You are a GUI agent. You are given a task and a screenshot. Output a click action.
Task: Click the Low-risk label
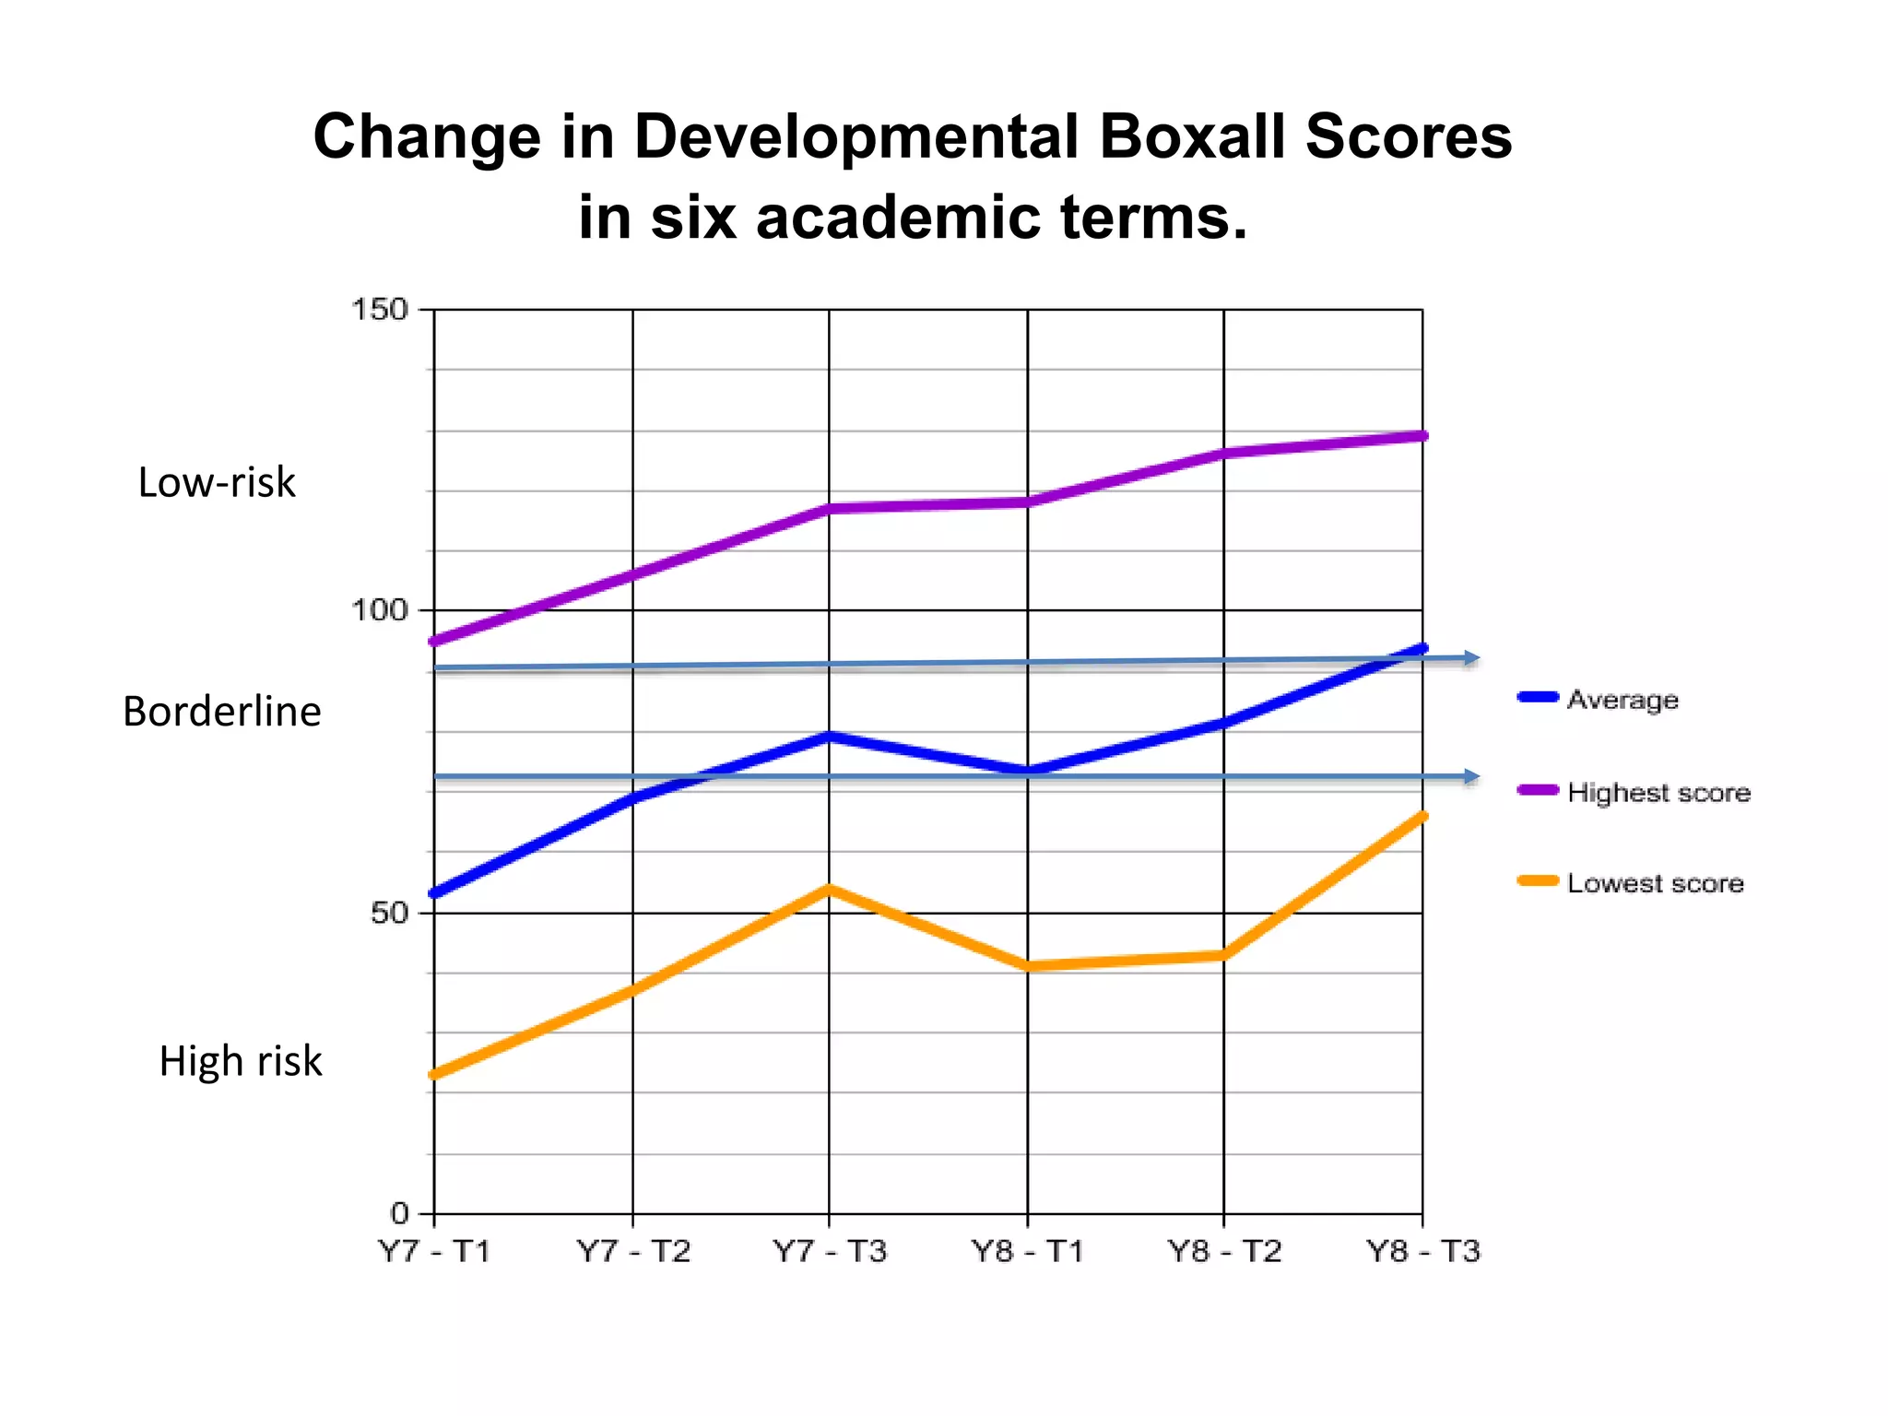(217, 482)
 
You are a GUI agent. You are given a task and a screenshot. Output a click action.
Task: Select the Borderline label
(222, 712)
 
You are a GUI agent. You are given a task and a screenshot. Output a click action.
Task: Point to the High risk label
(241, 1061)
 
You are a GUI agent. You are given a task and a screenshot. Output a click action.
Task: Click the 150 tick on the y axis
(380, 310)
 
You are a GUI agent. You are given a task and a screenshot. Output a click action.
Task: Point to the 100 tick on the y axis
(380, 610)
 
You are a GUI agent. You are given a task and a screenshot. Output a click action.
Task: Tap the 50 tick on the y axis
(388, 913)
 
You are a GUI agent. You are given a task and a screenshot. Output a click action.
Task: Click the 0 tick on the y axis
(399, 1213)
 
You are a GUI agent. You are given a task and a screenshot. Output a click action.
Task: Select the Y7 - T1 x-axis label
(434, 1252)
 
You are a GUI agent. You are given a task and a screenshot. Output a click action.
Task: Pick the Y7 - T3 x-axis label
(830, 1252)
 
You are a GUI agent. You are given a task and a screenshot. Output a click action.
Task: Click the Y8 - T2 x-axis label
(1224, 1252)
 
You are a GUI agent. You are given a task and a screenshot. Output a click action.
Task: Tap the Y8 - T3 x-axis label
(1422, 1252)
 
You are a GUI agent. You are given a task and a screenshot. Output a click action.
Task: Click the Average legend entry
(1622, 700)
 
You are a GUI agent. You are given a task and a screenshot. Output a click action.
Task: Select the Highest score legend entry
(1658, 792)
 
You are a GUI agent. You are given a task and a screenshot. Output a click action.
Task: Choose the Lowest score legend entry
(1655, 883)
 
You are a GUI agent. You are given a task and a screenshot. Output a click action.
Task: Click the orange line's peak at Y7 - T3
(830, 889)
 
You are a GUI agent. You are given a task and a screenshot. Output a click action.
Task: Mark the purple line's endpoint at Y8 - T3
(1422, 436)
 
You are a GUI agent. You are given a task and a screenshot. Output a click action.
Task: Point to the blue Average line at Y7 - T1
(435, 893)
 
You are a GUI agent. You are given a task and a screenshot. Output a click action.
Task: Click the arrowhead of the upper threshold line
(1472, 658)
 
